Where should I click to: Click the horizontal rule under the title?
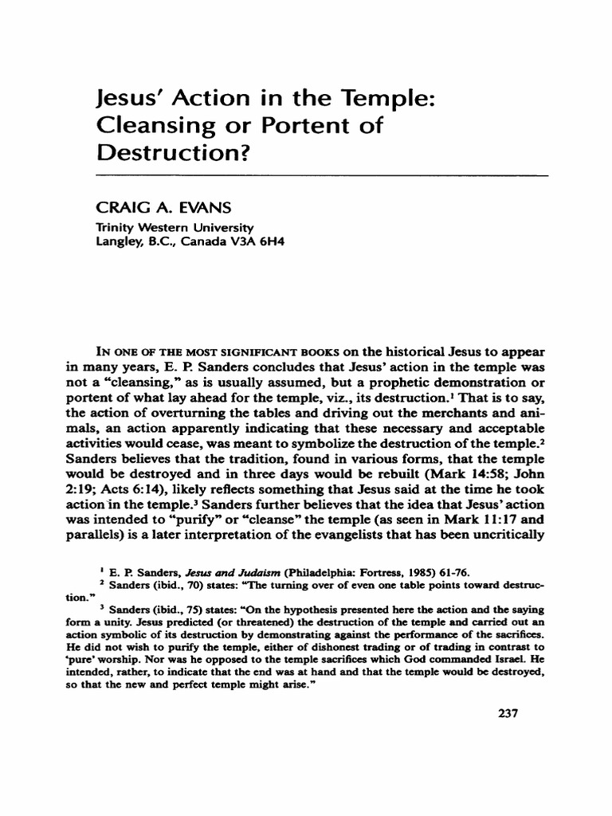tap(322, 175)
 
